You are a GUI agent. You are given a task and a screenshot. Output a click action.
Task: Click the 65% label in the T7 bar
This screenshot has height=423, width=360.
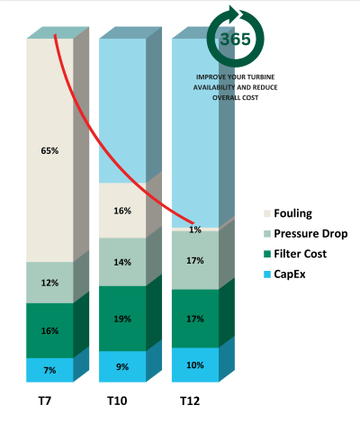point(49,151)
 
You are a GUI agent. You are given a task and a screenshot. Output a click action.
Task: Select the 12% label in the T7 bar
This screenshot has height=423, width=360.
point(49,283)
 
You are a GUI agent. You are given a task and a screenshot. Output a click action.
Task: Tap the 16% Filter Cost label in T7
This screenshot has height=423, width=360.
point(49,330)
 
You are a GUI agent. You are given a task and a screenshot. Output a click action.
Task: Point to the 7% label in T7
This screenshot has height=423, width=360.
point(49,370)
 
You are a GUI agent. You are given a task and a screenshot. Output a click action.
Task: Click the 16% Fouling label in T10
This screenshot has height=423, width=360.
point(122,211)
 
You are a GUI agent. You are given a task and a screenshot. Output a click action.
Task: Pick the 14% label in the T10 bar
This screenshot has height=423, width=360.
point(122,262)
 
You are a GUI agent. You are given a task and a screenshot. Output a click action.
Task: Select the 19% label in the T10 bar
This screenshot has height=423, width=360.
point(122,318)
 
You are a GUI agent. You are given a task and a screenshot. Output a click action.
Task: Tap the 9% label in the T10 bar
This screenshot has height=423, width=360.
point(122,366)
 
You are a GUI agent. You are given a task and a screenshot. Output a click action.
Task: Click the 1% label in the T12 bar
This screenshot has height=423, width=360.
point(195,229)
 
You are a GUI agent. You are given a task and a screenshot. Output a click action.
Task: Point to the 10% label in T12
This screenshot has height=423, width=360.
point(195,364)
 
